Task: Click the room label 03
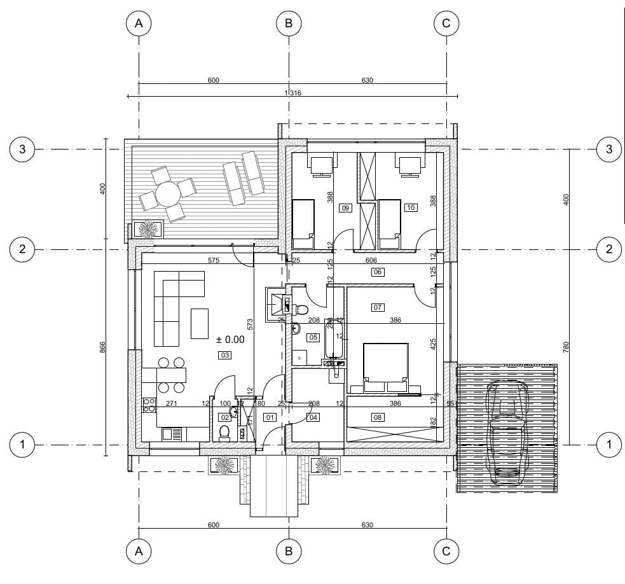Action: [x=224, y=355]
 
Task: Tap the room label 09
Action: [x=346, y=208]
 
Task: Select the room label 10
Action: [x=411, y=207]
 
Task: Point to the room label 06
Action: [x=378, y=272]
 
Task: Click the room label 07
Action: [x=378, y=308]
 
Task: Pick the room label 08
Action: [x=378, y=418]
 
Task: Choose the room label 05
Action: [x=313, y=337]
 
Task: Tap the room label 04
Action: [x=313, y=418]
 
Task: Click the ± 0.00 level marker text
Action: [x=230, y=340]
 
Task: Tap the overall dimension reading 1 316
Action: [x=292, y=94]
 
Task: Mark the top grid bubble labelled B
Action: [x=289, y=24]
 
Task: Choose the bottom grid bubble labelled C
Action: [x=446, y=552]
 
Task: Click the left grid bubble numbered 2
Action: [x=22, y=249]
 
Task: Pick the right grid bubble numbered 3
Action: [x=609, y=149]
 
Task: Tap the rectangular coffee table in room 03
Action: [x=200, y=324]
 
